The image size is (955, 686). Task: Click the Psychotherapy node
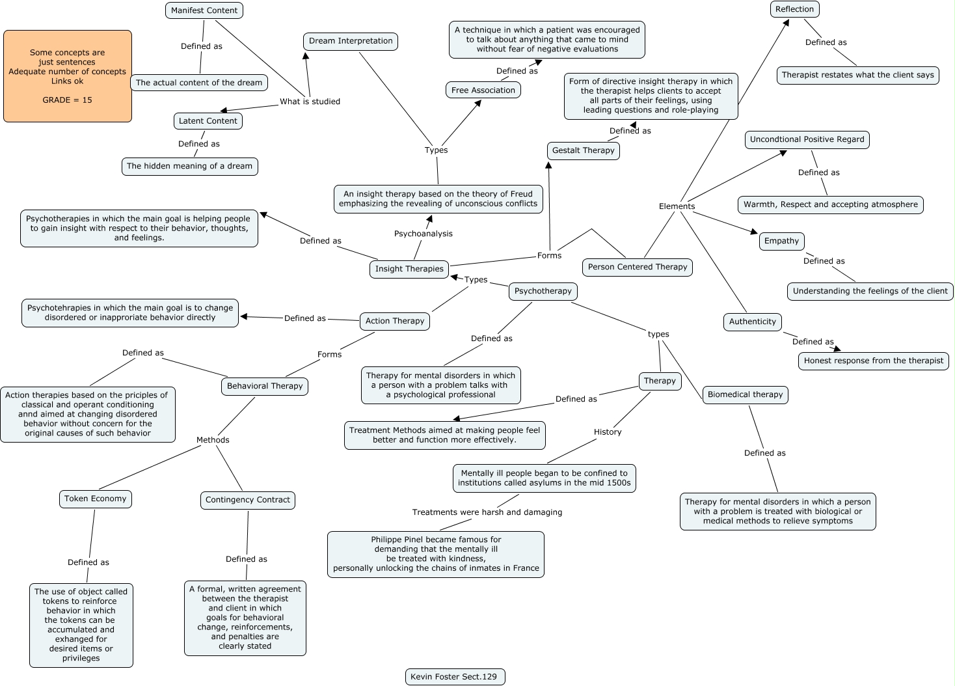click(x=543, y=291)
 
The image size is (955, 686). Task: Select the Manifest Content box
click(x=204, y=10)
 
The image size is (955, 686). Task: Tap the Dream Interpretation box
click(x=351, y=41)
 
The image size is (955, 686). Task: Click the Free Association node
click(x=483, y=90)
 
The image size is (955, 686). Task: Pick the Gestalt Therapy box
click(x=583, y=150)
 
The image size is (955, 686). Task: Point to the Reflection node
click(x=794, y=9)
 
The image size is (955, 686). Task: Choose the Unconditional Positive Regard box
click(x=807, y=139)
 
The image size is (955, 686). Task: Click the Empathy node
click(x=781, y=241)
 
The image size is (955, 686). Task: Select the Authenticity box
click(x=752, y=322)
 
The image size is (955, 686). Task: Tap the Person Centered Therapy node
click(x=637, y=267)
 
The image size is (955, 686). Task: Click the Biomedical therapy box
click(x=745, y=394)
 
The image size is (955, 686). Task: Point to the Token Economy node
click(x=95, y=499)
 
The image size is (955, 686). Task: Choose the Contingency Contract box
click(x=247, y=500)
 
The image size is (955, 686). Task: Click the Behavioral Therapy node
click(x=265, y=386)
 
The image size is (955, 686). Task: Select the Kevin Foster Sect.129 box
click(x=453, y=677)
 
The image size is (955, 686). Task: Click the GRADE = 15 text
click(x=68, y=100)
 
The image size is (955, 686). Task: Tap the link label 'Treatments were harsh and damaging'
click(x=487, y=512)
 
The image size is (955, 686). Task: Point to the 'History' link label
click(x=608, y=432)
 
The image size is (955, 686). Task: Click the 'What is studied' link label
click(x=310, y=102)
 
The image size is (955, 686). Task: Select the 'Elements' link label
click(x=677, y=206)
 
